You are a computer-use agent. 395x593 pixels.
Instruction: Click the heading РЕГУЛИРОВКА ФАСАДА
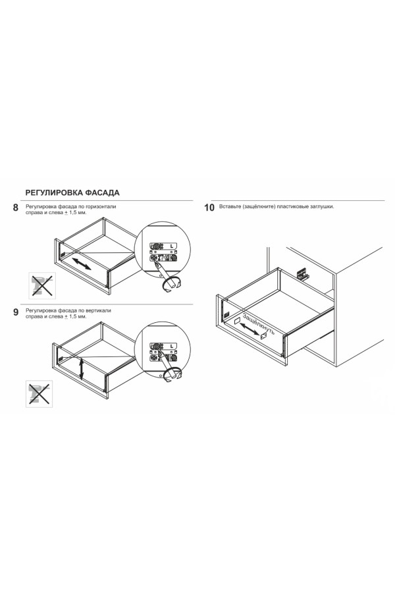pyautogui.click(x=72, y=192)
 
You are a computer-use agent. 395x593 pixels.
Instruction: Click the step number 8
pyautogui.click(x=16, y=208)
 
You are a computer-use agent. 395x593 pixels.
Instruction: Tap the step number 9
pyautogui.click(x=16, y=312)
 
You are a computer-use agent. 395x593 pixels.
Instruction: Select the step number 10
pyautogui.click(x=209, y=208)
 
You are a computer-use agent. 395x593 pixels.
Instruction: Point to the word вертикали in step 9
pyautogui.click(x=99, y=311)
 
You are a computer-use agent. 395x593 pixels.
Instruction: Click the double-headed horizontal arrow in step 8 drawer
pyautogui.click(x=82, y=263)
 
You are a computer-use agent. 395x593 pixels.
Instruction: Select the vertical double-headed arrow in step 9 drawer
pyautogui.click(x=81, y=368)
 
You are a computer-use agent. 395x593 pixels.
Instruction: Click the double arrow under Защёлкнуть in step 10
pyautogui.click(x=250, y=328)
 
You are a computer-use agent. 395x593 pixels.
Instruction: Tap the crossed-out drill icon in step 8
pyautogui.click(x=42, y=285)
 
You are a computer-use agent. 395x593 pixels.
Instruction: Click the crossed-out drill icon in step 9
pyautogui.click(x=39, y=394)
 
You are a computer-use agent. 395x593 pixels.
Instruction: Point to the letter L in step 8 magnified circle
pyautogui.click(x=172, y=246)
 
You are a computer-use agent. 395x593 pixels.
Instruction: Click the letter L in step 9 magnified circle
pyautogui.click(x=172, y=346)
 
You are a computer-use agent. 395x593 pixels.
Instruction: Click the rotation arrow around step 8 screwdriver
pyautogui.click(x=171, y=285)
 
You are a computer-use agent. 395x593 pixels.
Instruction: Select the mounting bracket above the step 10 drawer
pyautogui.click(x=303, y=273)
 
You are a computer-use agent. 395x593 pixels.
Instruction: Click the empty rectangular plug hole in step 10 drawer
pyautogui.click(x=238, y=320)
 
